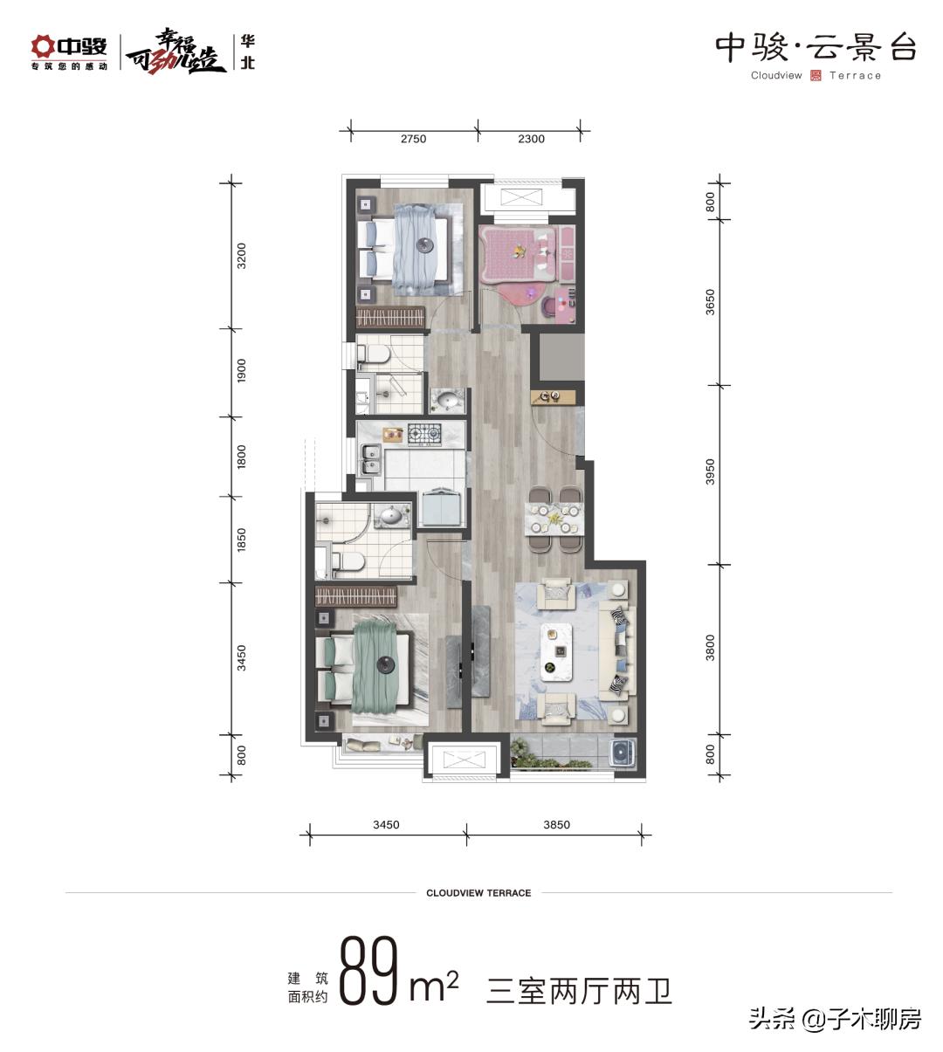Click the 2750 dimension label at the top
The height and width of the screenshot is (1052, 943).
coord(413,139)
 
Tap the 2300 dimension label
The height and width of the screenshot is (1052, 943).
coord(531,139)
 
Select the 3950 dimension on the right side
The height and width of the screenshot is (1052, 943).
coord(710,471)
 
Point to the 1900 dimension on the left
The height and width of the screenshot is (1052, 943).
coord(242,371)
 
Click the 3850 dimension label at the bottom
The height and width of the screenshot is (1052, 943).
coord(556,824)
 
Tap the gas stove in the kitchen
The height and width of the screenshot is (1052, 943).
coord(424,435)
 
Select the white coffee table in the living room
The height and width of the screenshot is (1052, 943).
coord(556,652)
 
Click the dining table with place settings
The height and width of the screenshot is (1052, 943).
coord(554,519)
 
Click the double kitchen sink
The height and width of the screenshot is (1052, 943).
coord(369,460)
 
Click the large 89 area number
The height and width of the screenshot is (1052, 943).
coord(368,971)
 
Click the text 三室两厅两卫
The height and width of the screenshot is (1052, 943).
coord(579,991)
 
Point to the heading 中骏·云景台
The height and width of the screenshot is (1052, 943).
coord(816,48)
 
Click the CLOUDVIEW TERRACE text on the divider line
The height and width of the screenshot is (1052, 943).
coord(478,893)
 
